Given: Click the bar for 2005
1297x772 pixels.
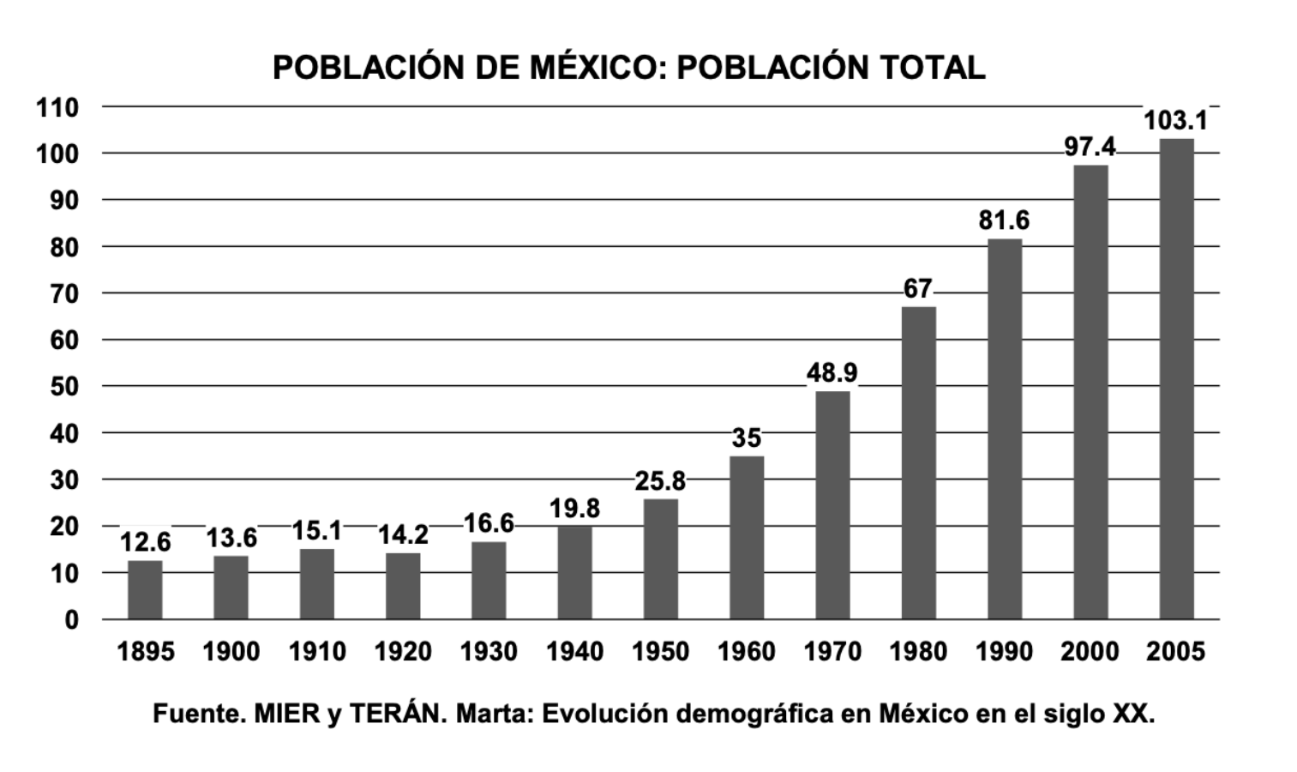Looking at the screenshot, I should tap(1176, 378).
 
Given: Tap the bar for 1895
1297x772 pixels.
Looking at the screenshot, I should tap(145, 589).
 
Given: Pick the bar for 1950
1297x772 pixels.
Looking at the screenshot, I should tap(660, 558).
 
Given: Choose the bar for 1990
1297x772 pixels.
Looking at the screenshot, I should tap(1005, 428).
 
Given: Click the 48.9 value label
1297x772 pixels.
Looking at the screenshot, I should tap(832, 373).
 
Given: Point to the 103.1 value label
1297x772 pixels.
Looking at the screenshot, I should tap(1175, 121).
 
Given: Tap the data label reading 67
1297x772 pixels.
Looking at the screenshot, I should tap(917, 289).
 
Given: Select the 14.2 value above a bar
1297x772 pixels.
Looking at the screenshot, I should tap(402, 535).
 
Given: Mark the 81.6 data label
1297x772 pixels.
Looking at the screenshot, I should tap(1004, 220).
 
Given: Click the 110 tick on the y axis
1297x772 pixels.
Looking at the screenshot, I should tap(57, 108).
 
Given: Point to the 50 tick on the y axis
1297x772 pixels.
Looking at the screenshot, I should tap(63, 387).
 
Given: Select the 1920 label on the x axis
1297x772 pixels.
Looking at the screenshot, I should tap(402, 652).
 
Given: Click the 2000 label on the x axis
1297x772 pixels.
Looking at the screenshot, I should tap(1090, 652).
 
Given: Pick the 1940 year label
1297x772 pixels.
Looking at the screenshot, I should tap(574, 652).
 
